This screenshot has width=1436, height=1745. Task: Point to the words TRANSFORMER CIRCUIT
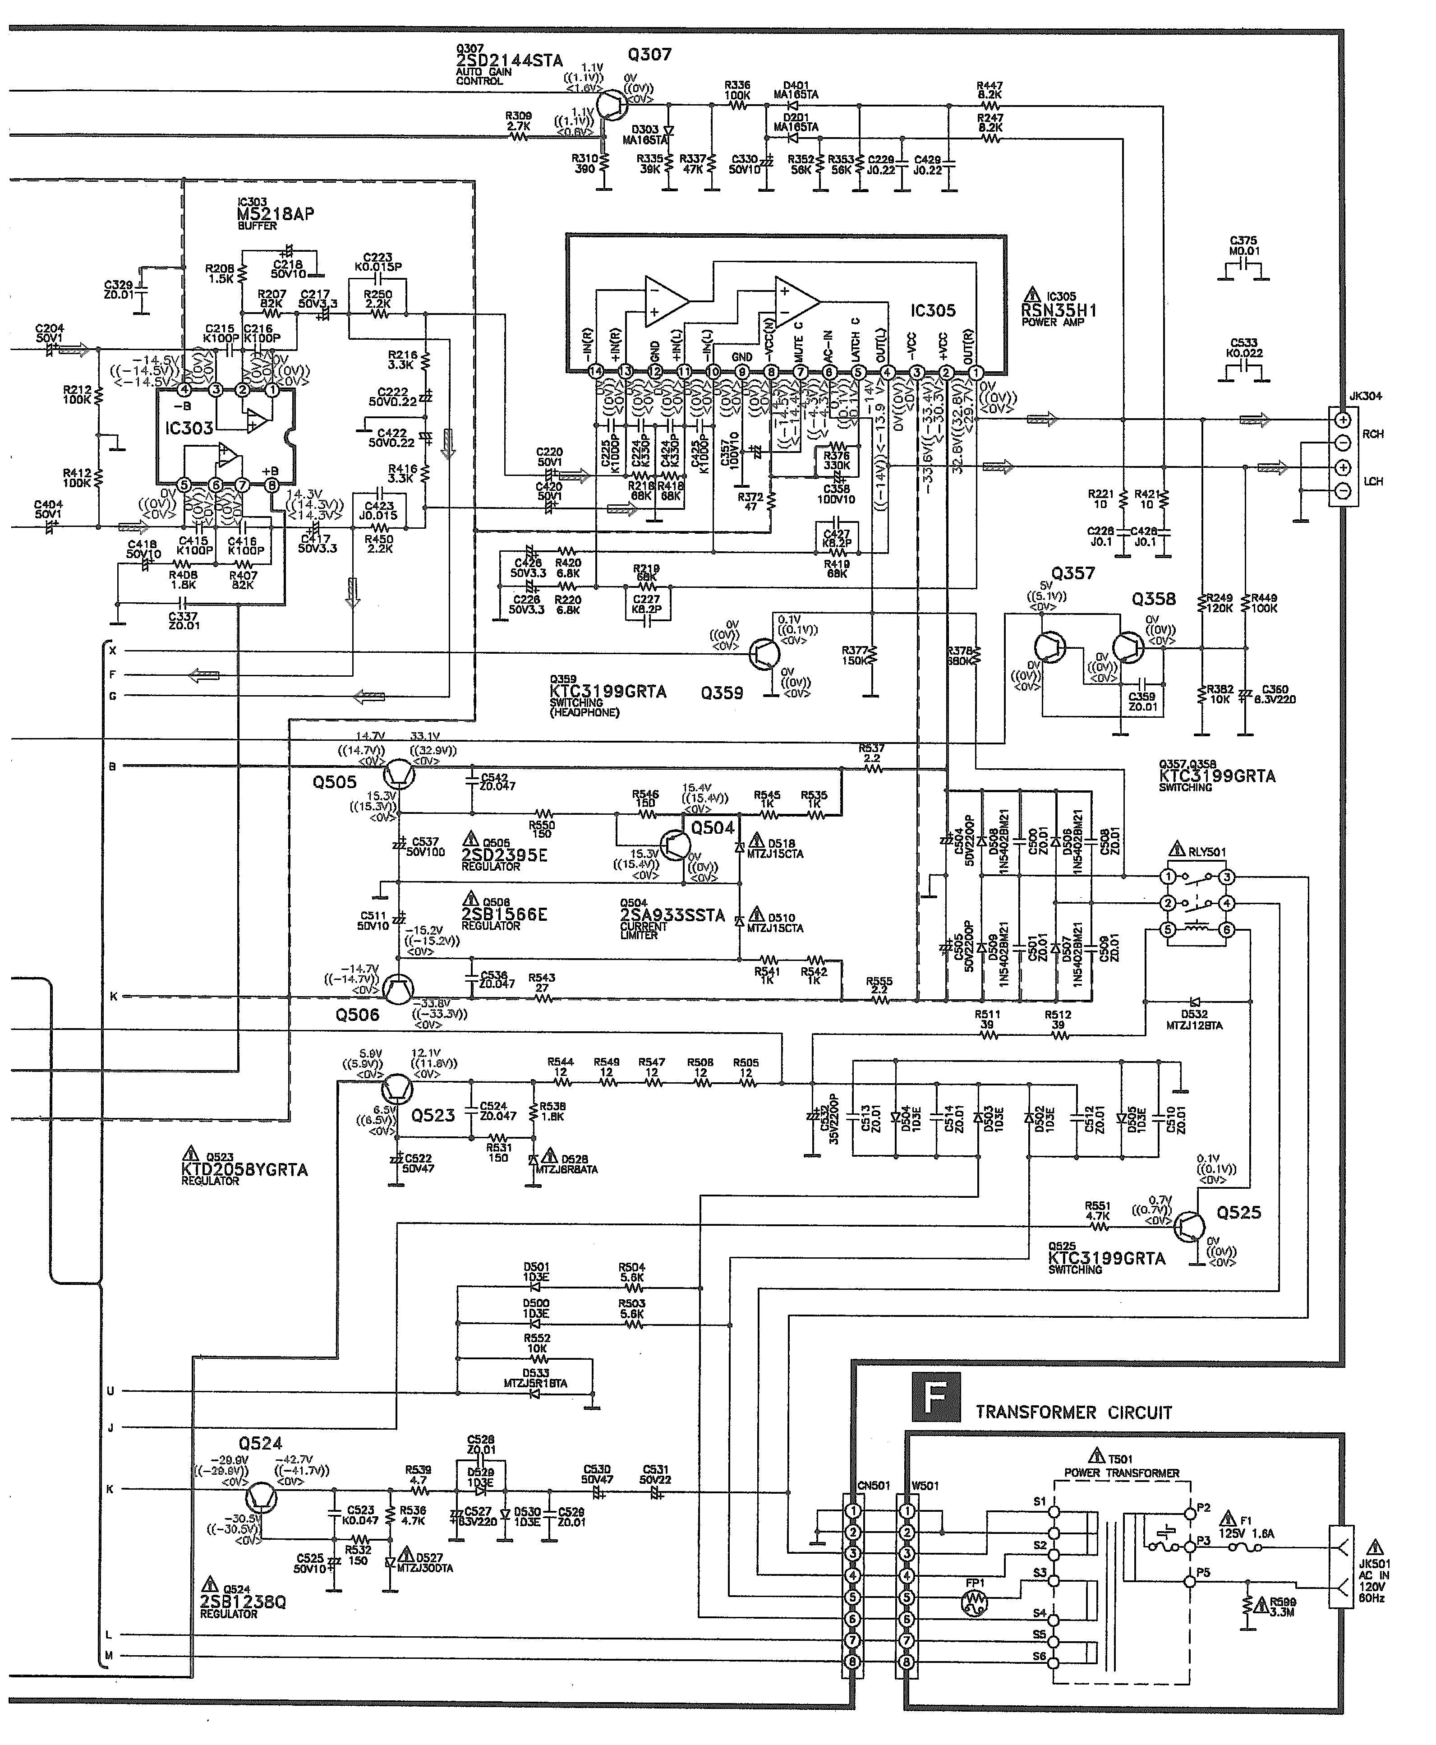click(x=1074, y=1413)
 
